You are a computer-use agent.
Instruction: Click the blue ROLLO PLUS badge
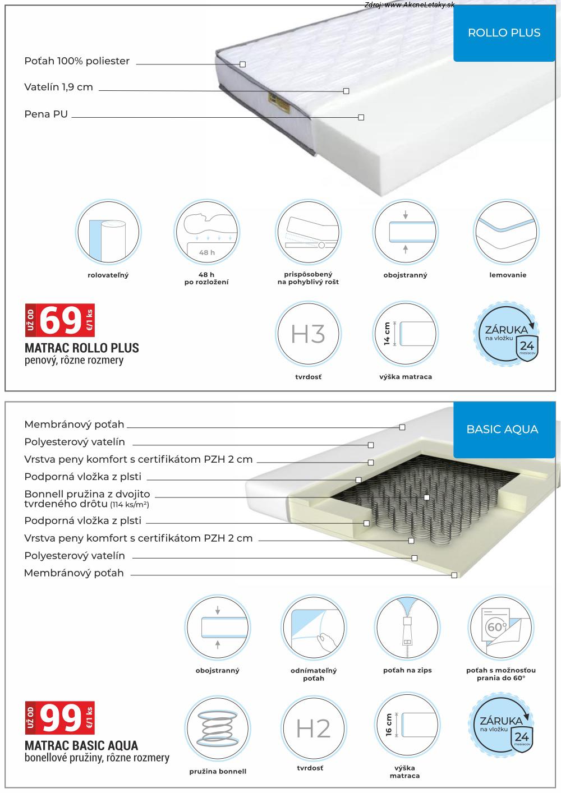click(503, 33)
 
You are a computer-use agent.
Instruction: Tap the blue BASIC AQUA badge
click(502, 430)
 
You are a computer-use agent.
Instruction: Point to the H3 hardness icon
click(308, 334)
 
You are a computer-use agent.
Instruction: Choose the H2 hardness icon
click(313, 728)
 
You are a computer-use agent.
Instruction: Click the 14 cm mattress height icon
click(405, 334)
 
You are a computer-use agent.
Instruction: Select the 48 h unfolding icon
click(207, 232)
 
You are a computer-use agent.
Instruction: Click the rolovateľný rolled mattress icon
click(108, 232)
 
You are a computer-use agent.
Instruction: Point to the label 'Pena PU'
click(46, 114)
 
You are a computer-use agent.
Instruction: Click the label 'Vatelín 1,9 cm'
click(59, 87)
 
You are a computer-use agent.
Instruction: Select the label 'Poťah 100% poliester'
click(77, 61)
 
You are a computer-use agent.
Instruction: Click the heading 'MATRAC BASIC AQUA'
click(81, 746)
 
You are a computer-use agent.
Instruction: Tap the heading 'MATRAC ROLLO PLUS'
click(82, 348)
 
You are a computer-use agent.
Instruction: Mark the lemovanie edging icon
click(507, 232)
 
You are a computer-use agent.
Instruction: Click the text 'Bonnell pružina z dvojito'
click(87, 495)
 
